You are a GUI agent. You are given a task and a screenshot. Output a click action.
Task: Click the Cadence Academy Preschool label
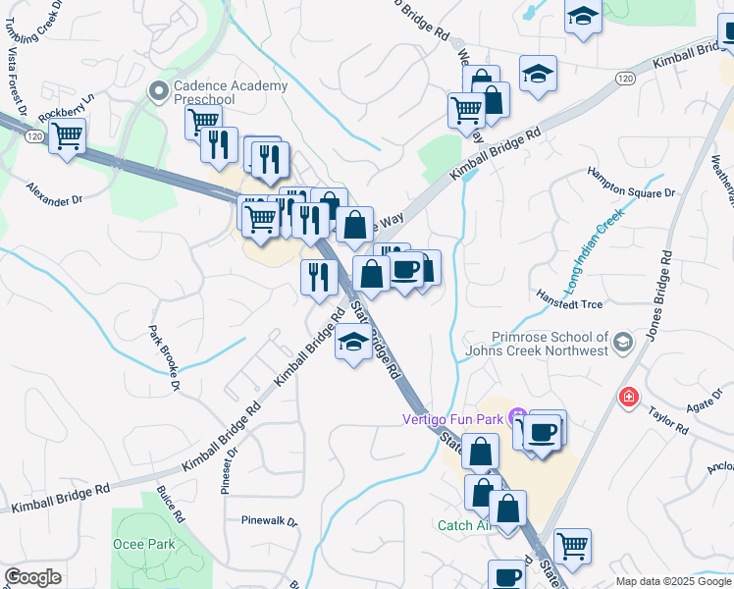click(x=231, y=92)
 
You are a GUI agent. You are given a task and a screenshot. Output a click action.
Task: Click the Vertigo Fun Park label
click(x=452, y=419)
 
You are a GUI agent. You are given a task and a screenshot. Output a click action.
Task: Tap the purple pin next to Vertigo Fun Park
click(x=518, y=419)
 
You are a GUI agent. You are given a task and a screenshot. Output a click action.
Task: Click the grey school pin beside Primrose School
click(x=623, y=342)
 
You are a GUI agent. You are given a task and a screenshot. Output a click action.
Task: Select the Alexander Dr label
click(x=55, y=193)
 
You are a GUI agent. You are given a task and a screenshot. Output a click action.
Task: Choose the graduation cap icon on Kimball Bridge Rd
click(x=353, y=344)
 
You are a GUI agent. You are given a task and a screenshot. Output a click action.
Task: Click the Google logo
click(x=32, y=577)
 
